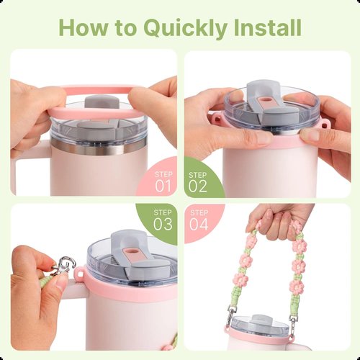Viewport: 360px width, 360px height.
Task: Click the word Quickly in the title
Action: [x=185, y=28]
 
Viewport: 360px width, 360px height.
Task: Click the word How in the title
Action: [x=84, y=27]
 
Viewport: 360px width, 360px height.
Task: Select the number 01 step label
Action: [x=163, y=186]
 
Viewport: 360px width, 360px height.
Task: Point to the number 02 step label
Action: [x=197, y=186]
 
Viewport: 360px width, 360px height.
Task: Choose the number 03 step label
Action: [x=163, y=224]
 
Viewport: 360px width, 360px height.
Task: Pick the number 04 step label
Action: [x=199, y=224]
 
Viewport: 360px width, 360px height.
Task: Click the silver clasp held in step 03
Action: [x=63, y=266]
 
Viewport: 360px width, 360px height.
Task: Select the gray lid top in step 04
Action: [x=260, y=318]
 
